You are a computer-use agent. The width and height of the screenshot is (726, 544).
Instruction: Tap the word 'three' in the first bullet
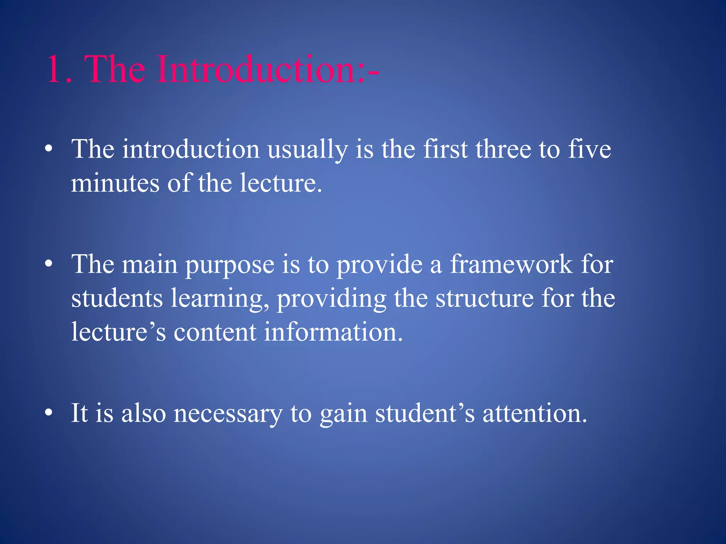point(503,149)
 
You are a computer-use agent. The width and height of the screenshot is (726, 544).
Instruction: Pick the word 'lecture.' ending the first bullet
point(281,183)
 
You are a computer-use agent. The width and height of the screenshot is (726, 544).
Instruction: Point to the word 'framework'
point(511,264)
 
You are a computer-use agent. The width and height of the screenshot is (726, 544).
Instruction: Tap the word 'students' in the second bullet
point(117,298)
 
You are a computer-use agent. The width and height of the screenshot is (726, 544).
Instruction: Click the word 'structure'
point(484,298)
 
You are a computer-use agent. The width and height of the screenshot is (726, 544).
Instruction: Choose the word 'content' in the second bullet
point(215,332)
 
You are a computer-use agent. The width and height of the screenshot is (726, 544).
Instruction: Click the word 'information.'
point(333,332)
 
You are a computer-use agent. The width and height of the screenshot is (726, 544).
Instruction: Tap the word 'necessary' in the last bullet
point(228,414)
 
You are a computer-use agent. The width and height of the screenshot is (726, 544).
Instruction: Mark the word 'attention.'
point(535,413)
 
